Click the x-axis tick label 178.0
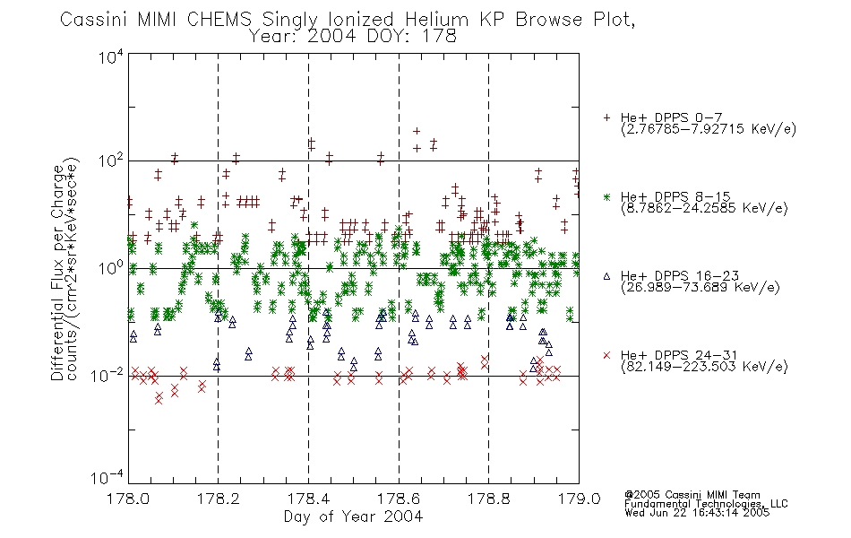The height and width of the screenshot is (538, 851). click(128, 499)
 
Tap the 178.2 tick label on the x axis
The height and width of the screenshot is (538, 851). click(219, 499)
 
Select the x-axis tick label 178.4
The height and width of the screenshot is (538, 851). click(308, 499)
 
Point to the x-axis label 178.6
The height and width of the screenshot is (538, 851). click(399, 499)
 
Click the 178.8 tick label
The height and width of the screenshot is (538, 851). click(488, 499)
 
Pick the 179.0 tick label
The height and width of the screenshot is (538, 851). click(579, 499)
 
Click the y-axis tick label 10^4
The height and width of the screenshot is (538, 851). click(111, 56)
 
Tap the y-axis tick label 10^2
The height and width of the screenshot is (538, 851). click(111, 161)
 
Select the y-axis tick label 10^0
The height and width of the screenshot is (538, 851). click(111, 268)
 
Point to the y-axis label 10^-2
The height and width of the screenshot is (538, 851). click(107, 376)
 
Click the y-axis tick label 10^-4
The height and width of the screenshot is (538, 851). click(107, 478)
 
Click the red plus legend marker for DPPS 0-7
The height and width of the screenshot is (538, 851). click(606, 117)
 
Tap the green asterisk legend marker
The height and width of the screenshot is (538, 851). click(606, 196)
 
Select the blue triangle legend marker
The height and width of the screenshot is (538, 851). click(606, 276)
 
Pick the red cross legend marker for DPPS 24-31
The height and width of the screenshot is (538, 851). click(606, 355)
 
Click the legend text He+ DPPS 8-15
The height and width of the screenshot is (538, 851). click(675, 196)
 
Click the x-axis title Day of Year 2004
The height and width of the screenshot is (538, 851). click(353, 516)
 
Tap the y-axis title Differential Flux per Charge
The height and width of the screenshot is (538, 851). click(57, 273)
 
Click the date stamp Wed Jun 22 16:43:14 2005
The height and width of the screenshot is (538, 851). click(697, 513)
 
